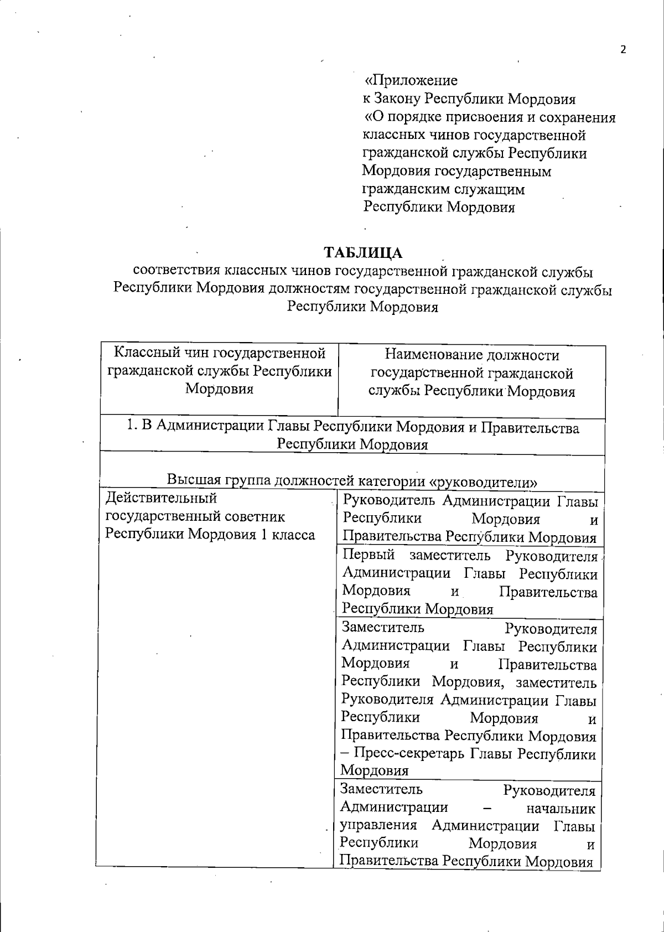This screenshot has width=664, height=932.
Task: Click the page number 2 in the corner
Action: tap(623, 50)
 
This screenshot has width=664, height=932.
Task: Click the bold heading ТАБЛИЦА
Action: tap(363, 253)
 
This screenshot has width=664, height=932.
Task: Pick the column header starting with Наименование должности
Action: tap(471, 373)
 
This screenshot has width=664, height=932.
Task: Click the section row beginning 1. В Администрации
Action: tap(352, 436)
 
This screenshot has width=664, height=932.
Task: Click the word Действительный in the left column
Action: tap(161, 498)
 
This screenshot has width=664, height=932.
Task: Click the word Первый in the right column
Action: tap(369, 555)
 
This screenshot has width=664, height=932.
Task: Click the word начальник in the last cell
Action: tap(561, 809)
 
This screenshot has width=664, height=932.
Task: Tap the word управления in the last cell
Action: tap(378, 826)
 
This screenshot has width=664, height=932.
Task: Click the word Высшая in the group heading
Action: tap(193, 479)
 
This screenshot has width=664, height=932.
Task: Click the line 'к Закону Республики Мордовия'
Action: tap(469, 99)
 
